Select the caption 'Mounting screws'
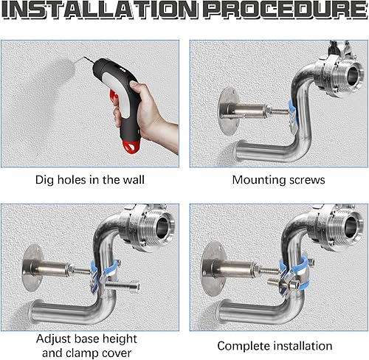click(x=278, y=179)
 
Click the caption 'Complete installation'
click(x=275, y=345)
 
